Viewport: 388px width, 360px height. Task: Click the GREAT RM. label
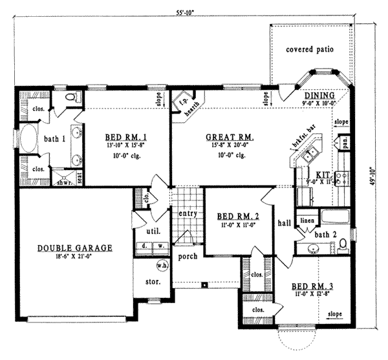point(229,137)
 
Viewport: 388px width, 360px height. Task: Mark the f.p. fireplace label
point(182,103)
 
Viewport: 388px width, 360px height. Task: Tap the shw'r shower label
point(64,180)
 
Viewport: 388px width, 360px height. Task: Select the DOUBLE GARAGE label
point(75,248)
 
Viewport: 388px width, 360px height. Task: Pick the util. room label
point(154,230)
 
